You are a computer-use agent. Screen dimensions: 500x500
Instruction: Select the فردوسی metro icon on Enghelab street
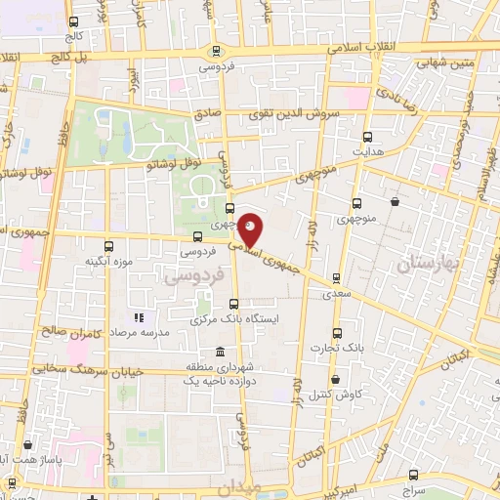pyautogui.click(x=216, y=51)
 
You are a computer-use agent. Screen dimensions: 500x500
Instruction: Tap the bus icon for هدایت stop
pyautogui.click(x=368, y=138)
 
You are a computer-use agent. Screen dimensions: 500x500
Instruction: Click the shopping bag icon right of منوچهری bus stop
pyautogui.click(x=395, y=202)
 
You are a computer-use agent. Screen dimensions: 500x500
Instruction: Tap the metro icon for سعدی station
pyautogui.click(x=338, y=277)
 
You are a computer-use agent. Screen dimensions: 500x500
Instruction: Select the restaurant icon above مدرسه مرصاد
pyautogui.click(x=139, y=317)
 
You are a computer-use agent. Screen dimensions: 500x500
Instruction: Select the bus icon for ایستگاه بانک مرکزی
pyautogui.click(x=231, y=304)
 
